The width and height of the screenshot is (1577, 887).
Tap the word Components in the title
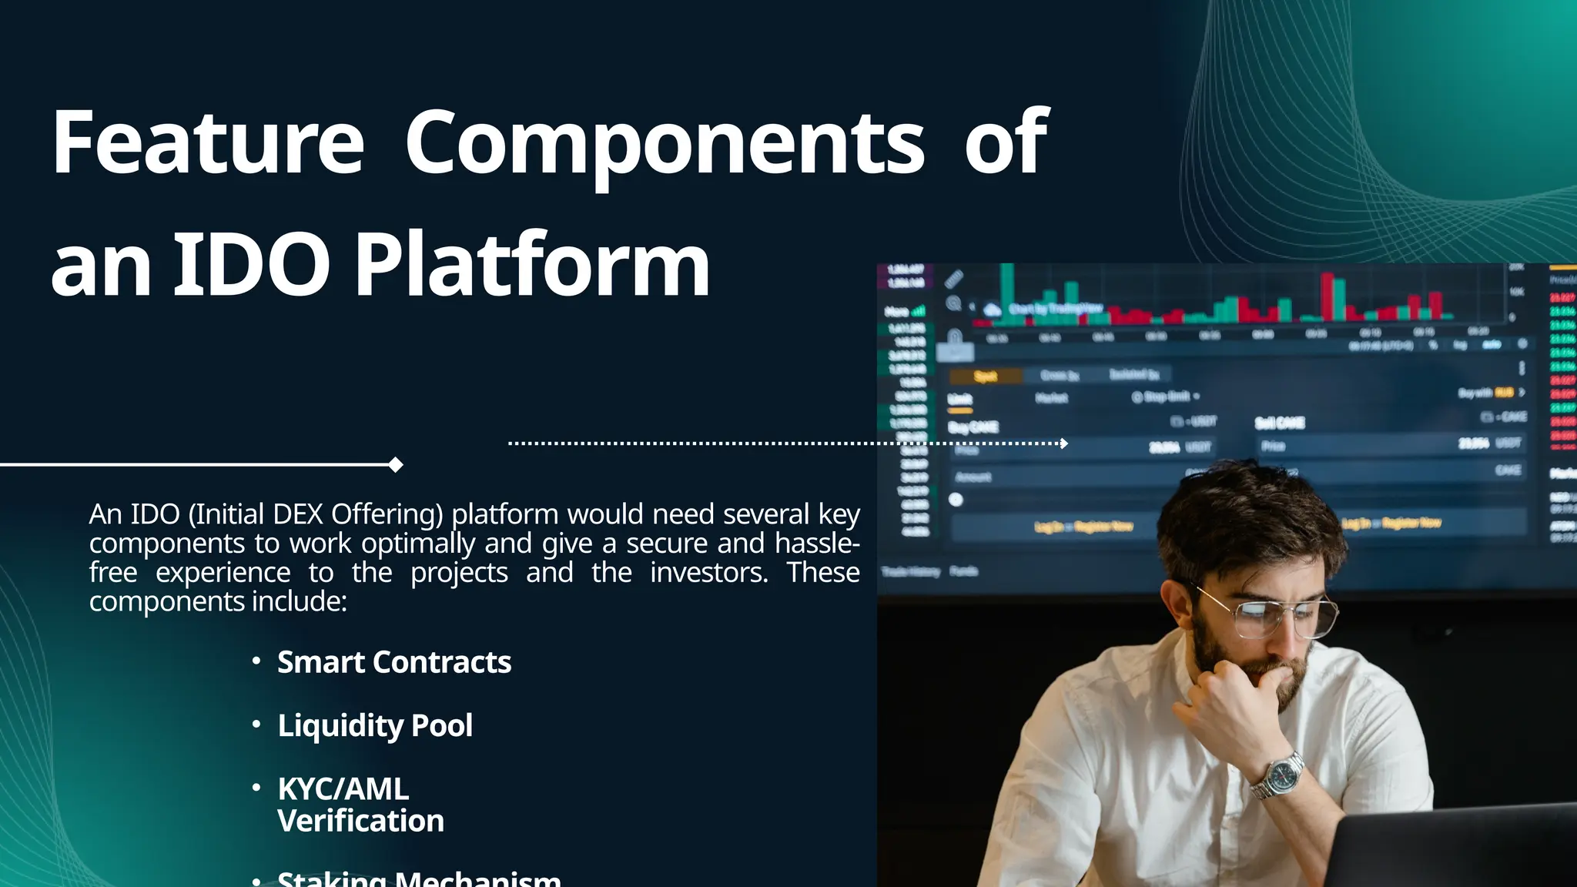[665, 144]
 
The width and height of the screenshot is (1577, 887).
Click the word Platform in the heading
[531, 266]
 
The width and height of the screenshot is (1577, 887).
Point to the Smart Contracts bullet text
[393, 662]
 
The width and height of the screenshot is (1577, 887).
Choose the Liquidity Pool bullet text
[375, 725]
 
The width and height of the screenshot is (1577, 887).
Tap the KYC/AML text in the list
[343, 788]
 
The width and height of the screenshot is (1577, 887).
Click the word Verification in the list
[360, 821]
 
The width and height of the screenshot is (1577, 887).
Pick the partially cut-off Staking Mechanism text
[418, 879]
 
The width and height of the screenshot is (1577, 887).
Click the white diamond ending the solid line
[396, 464]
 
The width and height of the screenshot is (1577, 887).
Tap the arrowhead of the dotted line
[1064, 443]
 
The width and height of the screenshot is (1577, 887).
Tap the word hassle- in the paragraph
[817, 544]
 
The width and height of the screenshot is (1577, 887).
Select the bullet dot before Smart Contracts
[256, 661]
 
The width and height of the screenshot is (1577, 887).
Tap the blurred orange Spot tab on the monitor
[986, 376]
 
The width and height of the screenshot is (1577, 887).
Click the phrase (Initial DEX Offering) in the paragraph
[316, 514]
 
